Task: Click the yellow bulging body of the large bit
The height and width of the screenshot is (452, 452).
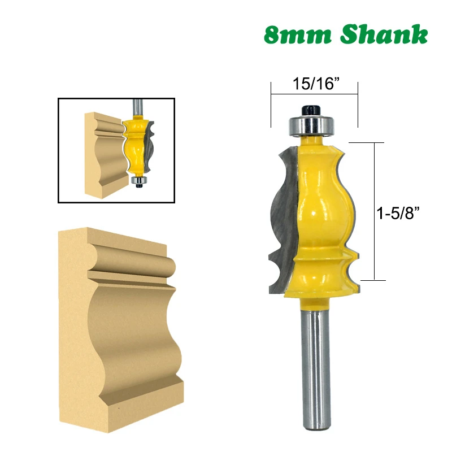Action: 322,198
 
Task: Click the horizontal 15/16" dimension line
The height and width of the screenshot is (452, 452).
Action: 314,94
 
